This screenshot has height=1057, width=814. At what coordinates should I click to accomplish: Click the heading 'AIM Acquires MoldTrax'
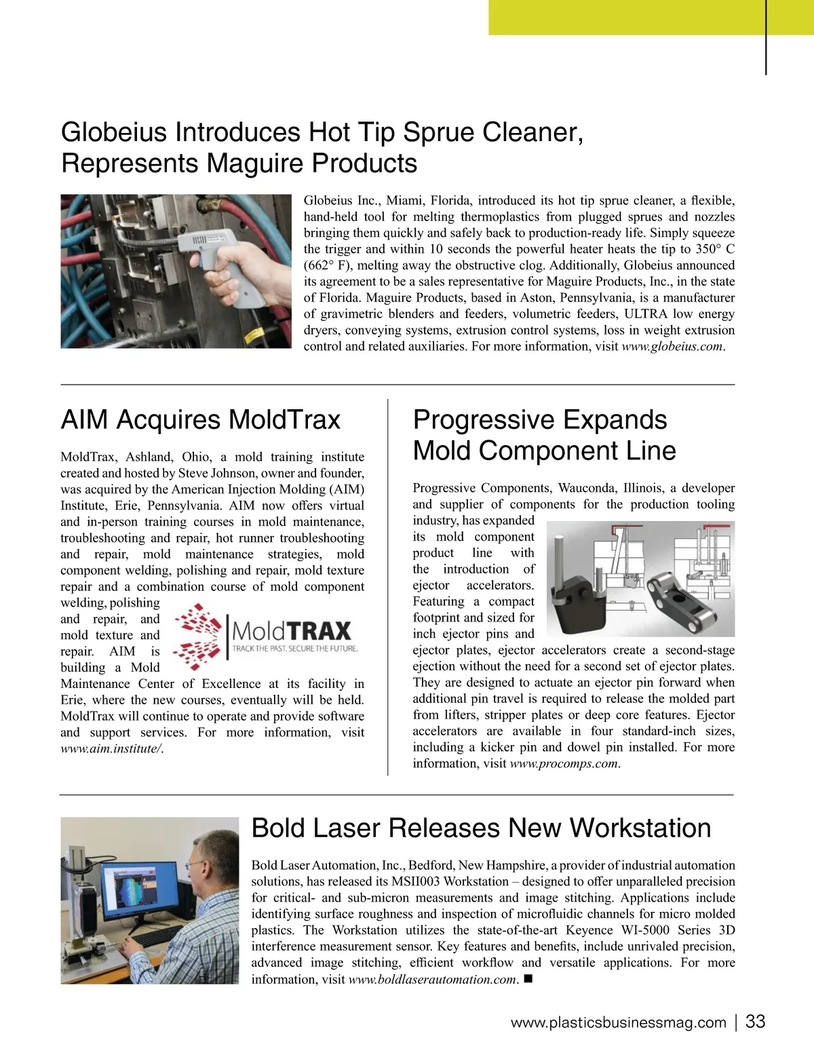pyautogui.click(x=201, y=420)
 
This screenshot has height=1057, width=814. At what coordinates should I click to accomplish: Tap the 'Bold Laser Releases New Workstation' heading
pyautogui.click(x=481, y=828)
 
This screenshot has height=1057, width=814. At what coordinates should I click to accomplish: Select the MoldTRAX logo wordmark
pyautogui.click(x=292, y=631)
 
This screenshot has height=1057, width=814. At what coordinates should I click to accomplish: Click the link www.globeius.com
pyautogui.click(x=672, y=347)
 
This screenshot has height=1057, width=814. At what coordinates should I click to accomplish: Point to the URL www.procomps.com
pyautogui.click(x=564, y=764)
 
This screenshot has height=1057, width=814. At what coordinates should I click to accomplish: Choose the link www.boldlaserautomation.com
pyautogui.click(x=433, y=980)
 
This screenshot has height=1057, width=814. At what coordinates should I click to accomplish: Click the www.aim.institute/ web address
pyautogui.click(x=111, y=749)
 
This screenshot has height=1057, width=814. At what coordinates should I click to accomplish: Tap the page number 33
pyautogui.click(x=755, y=1022)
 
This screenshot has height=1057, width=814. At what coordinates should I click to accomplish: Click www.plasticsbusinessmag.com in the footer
pyautogui.click(x=618, y=1023)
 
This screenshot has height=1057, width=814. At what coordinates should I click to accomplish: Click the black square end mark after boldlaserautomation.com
pyautogui.click(x=528, y=979)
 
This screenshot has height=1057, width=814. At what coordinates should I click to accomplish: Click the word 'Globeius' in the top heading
pyautogui.click(x=114, y=132)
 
